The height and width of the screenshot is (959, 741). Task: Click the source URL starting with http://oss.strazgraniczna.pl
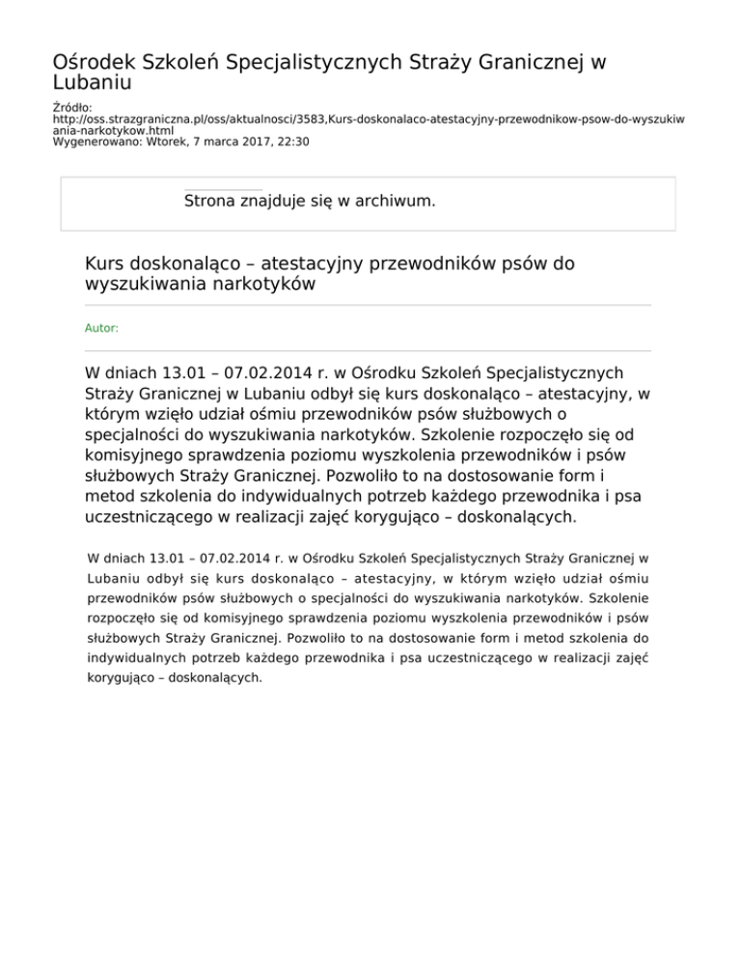[367, 121]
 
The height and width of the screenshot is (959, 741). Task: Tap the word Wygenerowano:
[93, 142]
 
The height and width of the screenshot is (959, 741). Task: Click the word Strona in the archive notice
[210, 202]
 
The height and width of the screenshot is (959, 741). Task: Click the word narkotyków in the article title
[268, 286]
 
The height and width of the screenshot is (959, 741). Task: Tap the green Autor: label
[101, 328]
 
